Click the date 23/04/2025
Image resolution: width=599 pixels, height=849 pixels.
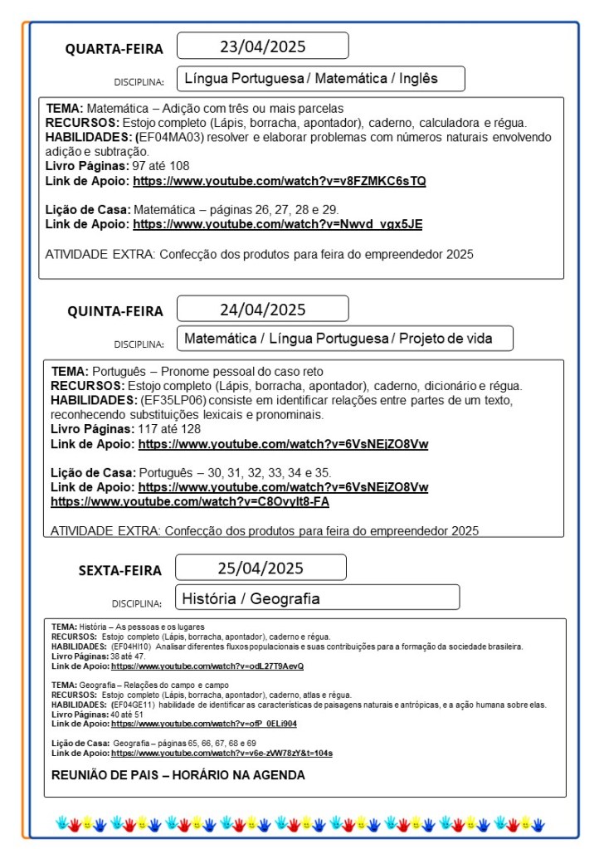pos(262,46)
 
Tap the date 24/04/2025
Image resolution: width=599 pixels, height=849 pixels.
pos(262,310)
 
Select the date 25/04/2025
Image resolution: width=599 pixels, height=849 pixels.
pos(261,568)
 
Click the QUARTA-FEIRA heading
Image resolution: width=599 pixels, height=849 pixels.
pos(114,49)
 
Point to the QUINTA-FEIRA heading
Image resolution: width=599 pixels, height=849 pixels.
pos(115,311)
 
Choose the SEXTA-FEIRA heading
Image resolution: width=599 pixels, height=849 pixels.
pos(120,570)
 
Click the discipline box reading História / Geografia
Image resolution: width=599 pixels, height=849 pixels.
pos(318,598)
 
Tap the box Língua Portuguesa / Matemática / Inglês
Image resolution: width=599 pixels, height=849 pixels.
pos(320,79)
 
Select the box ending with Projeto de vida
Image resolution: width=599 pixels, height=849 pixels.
pos(344,338)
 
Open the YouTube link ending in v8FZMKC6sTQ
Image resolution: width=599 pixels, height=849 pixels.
pos(280,180)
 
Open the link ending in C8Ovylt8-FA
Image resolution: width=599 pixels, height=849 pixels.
pos(190,501)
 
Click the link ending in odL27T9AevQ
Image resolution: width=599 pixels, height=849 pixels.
pos(207,666)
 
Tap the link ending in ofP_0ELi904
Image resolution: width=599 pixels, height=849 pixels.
pos(204,724)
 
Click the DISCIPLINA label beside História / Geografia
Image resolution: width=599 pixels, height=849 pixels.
pos(137,603)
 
